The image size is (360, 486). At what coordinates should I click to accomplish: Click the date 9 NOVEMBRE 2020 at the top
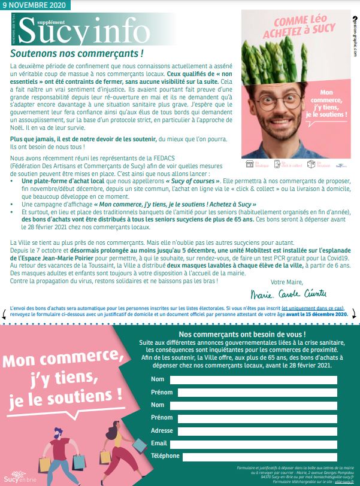point(35,5)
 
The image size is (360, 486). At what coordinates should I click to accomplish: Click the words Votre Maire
point(287,281)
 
